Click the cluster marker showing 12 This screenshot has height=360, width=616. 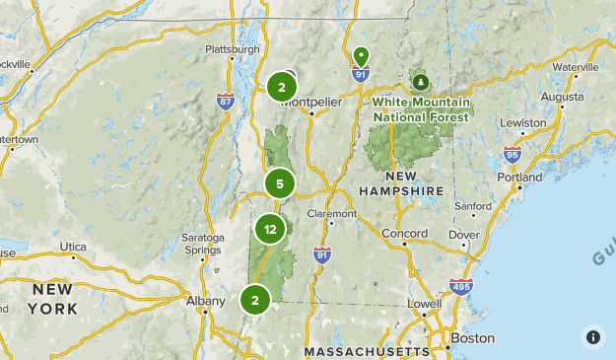point(270,230)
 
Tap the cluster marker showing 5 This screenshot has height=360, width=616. point(280,183)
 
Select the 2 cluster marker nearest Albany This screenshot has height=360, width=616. point(255,301)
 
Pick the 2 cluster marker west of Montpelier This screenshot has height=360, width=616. point(282,88)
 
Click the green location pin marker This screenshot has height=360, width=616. point(361,55)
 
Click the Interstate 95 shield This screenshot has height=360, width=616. point(512,155)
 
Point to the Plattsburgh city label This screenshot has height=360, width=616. point(233,49)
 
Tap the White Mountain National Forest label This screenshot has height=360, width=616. point(422,108)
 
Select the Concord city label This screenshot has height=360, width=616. point(404,234)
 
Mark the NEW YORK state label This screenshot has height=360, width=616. point(53,298)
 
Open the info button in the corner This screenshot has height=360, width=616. point(592,336)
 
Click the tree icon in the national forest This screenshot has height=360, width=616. point(422,81)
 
